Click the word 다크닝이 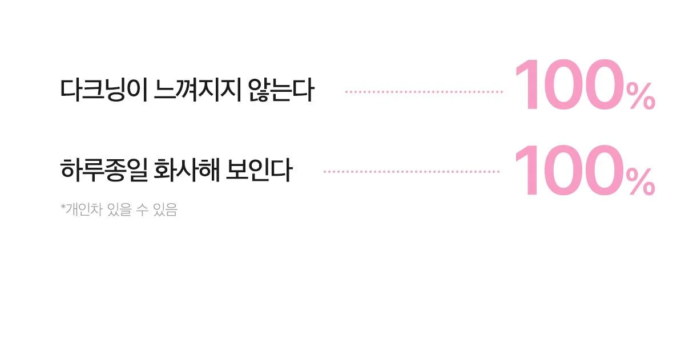pyautogui.click(x=104, y=90)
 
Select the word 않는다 pyautogui.click(x=281, y=90)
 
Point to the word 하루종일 pyautogui.click(x=104, y=170)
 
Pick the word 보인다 pyautogui.click(x=259, y=170)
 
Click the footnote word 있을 pyautogui.click(x=119, y=209)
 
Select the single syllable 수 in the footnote pyautogui.click(x=142, y=209)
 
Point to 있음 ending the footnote pyautogui.click(x=166, y=209)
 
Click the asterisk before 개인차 pyautogui.click(x=63, y=207)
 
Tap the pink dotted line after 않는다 pyautogui.click(x=424, y=92)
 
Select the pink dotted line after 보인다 pyautogui.click(x=412, y=172)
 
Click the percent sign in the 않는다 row pyautogui.click(x=640, y=96)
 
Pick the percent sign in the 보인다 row pyautogui.click(x=640, y=183)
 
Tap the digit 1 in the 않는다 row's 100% pyautogui.click(x=527, y=84)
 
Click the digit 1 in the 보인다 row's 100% pyautogui.click(x=527, y=170)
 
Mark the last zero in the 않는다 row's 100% pyautogui.click(x=605, y=84)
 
